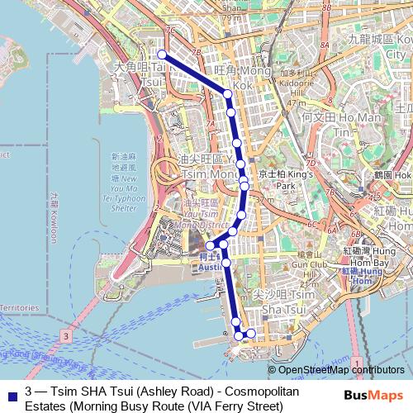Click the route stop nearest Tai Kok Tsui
point(162,55)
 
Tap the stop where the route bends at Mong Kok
point(228,94)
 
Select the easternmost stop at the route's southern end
point(251,334)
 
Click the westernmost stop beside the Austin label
point(211,245)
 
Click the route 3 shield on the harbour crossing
point(65,336)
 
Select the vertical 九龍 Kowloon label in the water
point(55,215)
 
